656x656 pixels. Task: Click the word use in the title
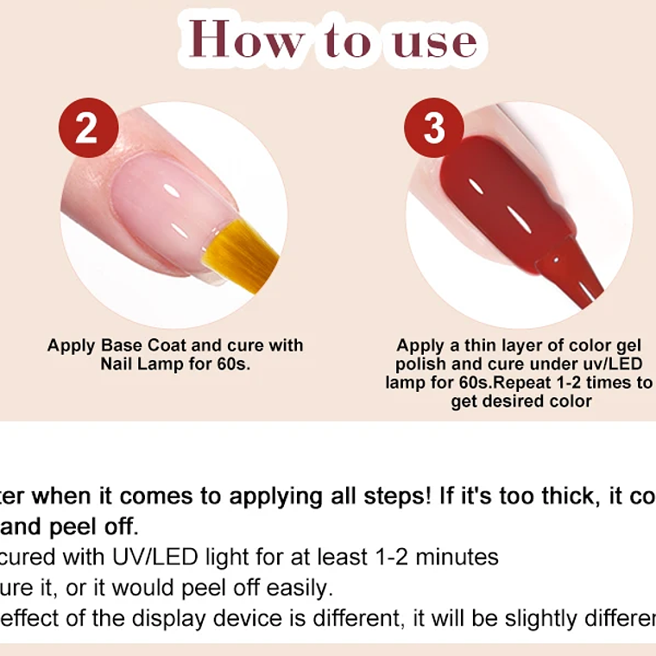435,41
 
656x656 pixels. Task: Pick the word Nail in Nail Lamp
117,364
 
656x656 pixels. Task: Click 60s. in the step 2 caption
232,364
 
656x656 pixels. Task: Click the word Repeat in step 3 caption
525,382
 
